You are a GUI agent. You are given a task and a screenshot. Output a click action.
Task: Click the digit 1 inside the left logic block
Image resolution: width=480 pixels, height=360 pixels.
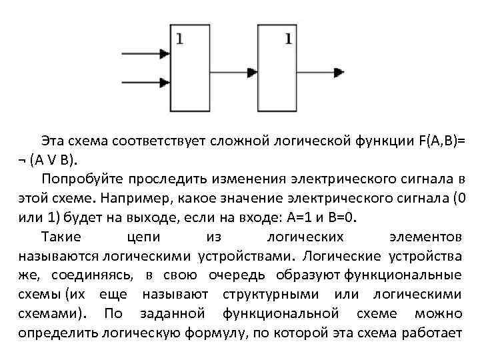coord(179,38)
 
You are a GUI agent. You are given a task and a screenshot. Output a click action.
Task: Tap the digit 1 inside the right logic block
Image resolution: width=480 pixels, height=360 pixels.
coord(288,38)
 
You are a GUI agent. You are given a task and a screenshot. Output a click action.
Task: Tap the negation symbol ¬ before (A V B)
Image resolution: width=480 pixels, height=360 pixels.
coord(23,160)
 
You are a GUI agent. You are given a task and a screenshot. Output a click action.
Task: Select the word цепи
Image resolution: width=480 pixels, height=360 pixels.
coord(143,237)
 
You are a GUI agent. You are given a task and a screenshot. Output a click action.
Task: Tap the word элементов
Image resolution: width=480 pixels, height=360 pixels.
coord(424,237)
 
